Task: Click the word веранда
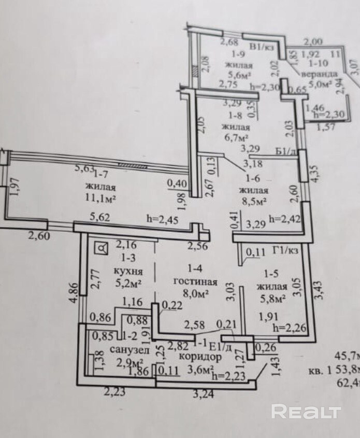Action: point(323,74)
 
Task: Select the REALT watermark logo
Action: point(306,412)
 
